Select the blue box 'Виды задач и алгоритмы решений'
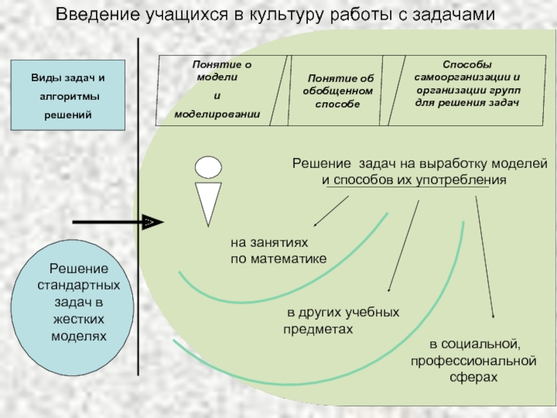(x=68, y=95)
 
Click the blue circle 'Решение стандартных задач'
(x=72, y=308)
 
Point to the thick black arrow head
(x=152, y=222)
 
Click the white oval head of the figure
(x=208, y=167)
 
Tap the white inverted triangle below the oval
(x=208, y=203)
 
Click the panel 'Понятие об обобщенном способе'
(x=336, y=91)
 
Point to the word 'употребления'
(x=461, y=180)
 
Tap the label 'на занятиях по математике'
(x=278, y=251)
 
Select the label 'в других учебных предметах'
(x=341, y=320)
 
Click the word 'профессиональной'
(x=473, y=361)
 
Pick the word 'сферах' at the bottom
(x=473, y=377)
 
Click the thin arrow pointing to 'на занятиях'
(x=331, y=211)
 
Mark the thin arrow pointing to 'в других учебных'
(x=404, y=246)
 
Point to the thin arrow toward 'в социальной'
(x=485, y=256)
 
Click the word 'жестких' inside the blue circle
(x=79, y=319)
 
